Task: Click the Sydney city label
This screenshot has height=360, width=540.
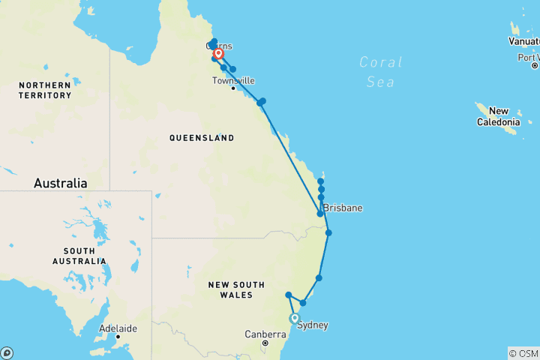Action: tap(313, 325)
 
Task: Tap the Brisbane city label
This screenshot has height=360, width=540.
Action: tap(343, 208)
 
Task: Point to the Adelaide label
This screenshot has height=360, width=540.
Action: tap(118, 328)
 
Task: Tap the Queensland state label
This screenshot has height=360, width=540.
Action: tap(201, 138)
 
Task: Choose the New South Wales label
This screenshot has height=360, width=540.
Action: tap(236, 289)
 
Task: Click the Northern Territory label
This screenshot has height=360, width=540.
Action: tap(45, 90)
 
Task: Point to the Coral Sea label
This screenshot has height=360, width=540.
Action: tap(381, 72)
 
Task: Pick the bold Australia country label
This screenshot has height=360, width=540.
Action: tap(60, 183)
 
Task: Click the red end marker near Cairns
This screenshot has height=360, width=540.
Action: tap(218, 54)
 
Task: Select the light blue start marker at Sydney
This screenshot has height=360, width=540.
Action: tap(295, 318)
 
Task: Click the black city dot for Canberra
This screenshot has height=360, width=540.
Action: tap(265, 343)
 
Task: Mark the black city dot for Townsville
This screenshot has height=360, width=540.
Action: tap(233, 88)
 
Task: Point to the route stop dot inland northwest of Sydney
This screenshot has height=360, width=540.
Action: tap(288, 295)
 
